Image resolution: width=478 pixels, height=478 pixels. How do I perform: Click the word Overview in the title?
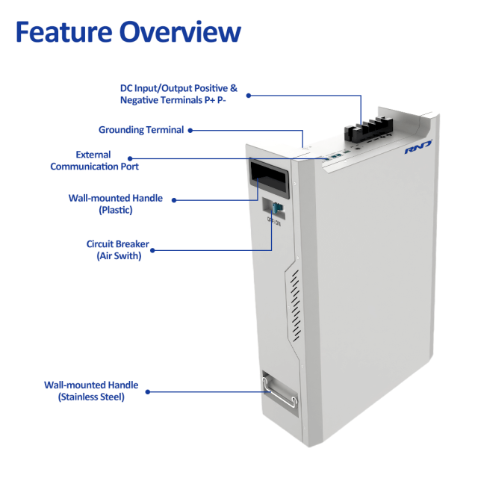pos(184,32)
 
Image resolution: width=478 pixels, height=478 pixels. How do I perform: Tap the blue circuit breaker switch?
pos(277,209)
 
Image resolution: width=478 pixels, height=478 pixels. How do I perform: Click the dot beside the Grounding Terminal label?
pos(190,130)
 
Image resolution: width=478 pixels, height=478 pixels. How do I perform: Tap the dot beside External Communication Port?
pos(130,158)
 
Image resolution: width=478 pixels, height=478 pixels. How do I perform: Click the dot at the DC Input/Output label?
pos(249,95)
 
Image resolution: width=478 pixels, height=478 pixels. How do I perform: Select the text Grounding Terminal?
pos(141,130)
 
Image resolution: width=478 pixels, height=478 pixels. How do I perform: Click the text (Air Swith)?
pos(118,255)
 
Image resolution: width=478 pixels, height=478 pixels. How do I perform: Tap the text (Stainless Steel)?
pos(91,397)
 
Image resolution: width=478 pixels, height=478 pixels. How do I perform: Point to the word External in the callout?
pos(93,155)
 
